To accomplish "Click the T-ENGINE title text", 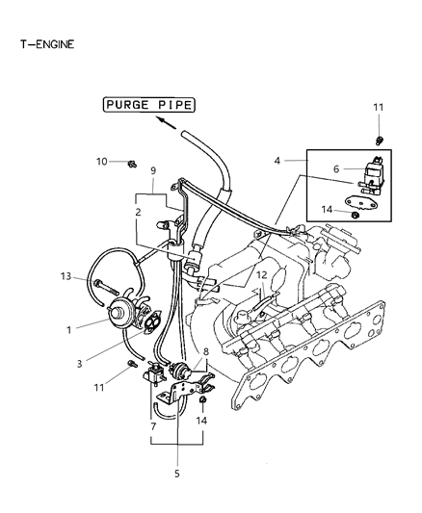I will (42, 44).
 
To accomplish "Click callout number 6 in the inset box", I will (336, 168).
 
